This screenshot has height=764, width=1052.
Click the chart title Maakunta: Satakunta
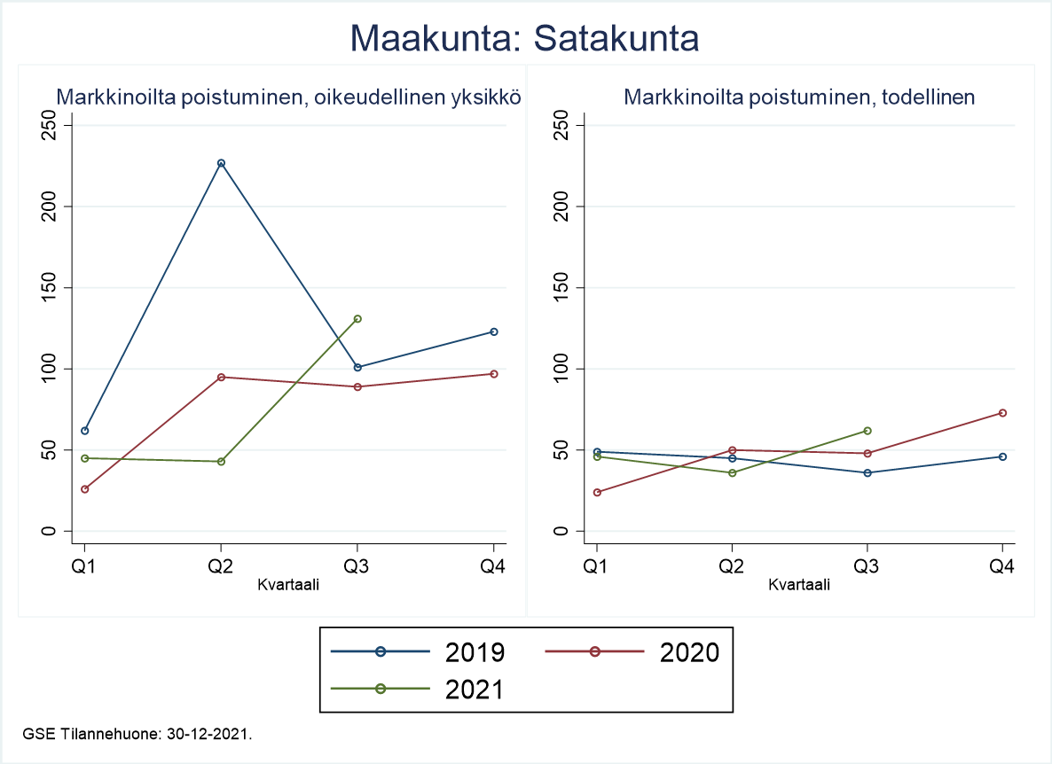coord(525,38)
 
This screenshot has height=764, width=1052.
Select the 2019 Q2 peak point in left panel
coord(221,163)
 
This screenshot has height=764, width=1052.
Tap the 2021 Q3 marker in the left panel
coord(357,318)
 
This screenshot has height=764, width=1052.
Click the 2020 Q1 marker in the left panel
coord(84,489)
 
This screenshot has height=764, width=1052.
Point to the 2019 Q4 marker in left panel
coord(494,331)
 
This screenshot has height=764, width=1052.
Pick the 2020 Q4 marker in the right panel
coord(1003,413)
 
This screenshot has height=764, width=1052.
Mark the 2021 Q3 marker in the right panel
coord(868,431)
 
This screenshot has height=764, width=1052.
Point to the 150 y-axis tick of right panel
coord(560,288)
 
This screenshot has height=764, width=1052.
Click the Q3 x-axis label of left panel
coord(357,565)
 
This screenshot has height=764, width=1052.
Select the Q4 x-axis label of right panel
coord(1003,565)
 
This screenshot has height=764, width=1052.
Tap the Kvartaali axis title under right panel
coord(799,585)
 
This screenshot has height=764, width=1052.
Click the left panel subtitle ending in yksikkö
coord(288,97)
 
